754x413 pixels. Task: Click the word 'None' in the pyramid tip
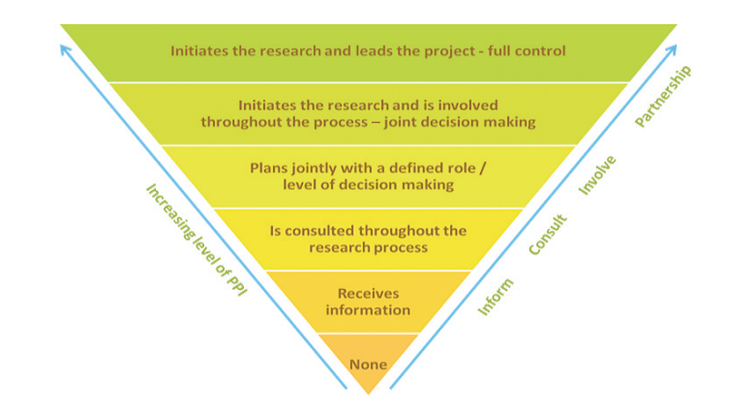coord(368,365)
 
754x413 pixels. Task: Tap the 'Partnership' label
coord(663,96)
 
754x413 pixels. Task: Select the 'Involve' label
coord(597,175)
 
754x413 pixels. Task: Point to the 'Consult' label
coord(548,235)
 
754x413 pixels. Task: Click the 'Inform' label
coord(496,297)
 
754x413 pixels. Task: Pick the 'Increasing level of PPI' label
coord(196,240)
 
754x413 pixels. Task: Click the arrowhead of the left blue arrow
coord(64,48)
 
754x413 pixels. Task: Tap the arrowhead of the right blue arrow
coord(673,48)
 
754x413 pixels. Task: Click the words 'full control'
coord(527,50)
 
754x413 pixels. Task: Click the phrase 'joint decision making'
coord(460,122)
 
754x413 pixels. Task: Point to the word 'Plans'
coord(266,168)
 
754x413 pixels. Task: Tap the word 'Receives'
coord(369,293)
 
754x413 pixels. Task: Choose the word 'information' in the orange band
coord(368,310)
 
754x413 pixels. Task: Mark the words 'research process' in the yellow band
coord(369,248)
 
